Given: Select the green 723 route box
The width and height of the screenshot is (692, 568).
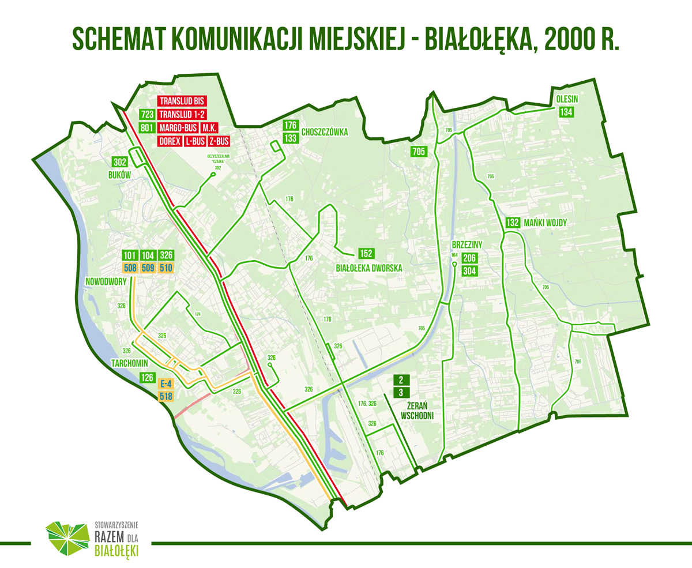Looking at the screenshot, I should point(147,114).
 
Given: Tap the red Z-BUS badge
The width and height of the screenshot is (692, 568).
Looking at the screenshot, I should point(220,141).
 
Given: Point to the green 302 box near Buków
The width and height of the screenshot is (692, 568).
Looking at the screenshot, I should point(120,162).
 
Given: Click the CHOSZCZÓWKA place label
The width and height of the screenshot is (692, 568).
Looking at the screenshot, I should point(325,131).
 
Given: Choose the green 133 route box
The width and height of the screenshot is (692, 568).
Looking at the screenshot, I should point(290,138).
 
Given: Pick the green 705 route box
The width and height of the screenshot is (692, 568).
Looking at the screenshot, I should point(419,152).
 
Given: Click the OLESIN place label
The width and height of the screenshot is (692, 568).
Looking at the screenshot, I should point(567,99).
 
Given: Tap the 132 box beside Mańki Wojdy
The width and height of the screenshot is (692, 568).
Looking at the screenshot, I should point(513,223).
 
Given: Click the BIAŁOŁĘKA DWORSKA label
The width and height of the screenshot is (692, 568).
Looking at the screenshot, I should point(368,268).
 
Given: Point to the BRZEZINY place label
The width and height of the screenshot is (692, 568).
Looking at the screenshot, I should point(467,244).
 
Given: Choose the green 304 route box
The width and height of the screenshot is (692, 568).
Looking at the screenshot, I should point(469,270).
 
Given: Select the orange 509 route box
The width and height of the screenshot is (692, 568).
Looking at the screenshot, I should point(148,268).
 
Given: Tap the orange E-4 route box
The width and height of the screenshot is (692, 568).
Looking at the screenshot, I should point(166,383).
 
